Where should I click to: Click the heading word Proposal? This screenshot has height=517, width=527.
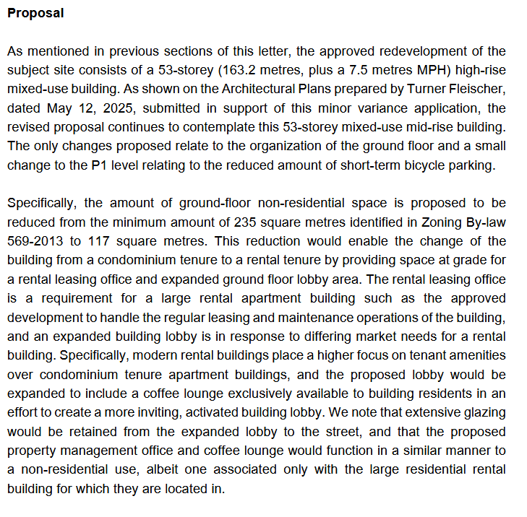[35, 13]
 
